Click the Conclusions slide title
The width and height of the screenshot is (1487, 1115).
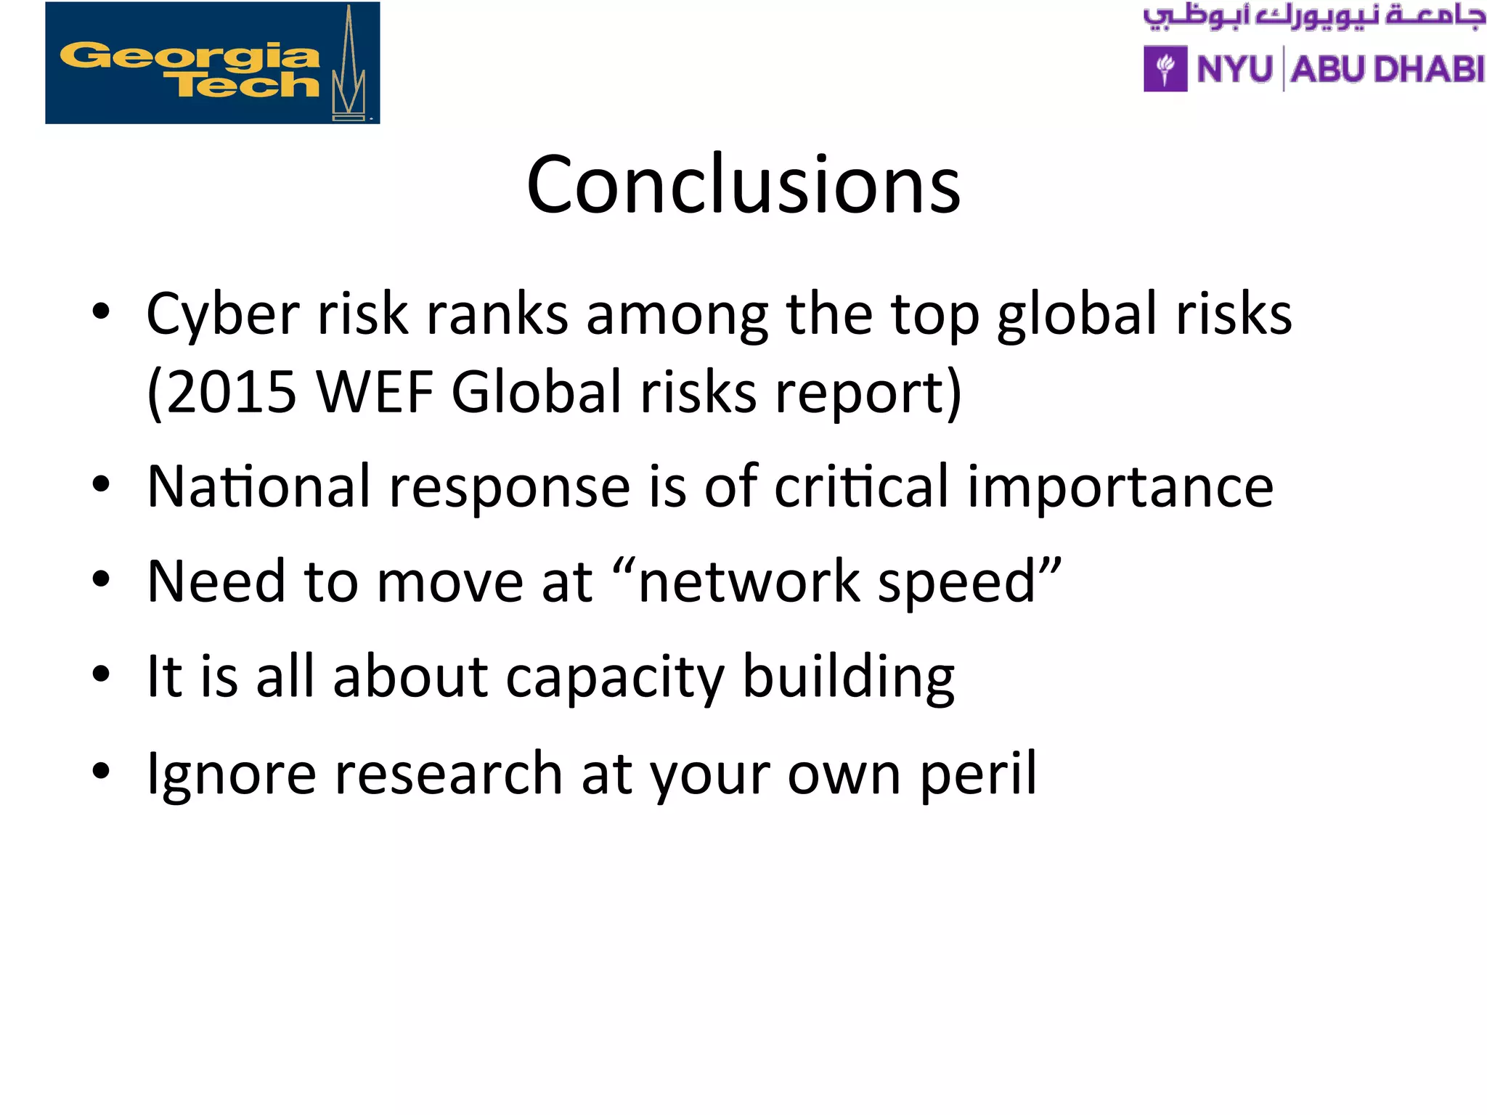pos(743,185)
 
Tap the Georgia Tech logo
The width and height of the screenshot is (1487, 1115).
pos(212,63)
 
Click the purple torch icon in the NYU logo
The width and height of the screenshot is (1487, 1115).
pos(1165,69)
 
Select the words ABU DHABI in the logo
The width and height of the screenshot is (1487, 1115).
pos(1387,70)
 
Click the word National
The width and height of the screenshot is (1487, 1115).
pos(259,486)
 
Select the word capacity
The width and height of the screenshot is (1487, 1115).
pos(614,678)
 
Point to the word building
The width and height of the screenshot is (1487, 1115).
pos(848,678)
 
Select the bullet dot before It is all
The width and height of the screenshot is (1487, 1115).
pos(101,674)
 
